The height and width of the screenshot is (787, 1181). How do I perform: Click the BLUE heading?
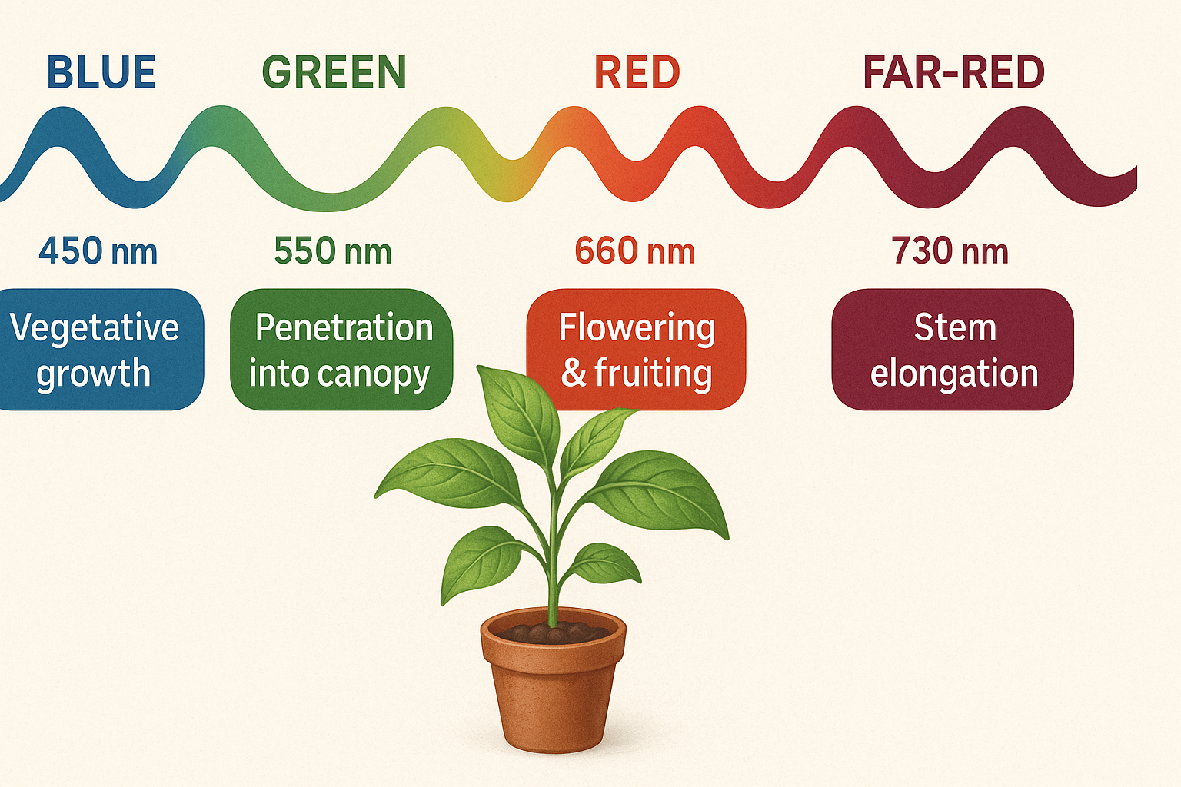tap(101, 73)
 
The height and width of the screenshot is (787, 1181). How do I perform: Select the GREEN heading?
tap(334, 73)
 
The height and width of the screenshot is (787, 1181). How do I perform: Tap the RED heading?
tap(637, 73)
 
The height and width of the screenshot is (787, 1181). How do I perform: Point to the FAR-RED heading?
tap(953, 73)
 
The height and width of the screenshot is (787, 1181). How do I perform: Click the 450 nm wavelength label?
tap(98, 251)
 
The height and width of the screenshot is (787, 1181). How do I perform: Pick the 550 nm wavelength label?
tap(333, 251)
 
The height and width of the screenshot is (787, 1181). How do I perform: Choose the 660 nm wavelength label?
tap(635, 251)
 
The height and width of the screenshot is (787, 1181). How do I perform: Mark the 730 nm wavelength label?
tap(950, 251)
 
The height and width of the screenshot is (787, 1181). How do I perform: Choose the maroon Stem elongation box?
tap(952, 350)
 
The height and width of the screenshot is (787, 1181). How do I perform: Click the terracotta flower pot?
tap(553, 692)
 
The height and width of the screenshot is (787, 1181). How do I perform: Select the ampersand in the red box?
tap(574, 373)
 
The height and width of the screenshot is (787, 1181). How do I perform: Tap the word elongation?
tap(954, 374)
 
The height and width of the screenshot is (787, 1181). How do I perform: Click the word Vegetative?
tap(95, 328)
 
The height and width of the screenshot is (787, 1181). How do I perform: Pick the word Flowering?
tap(637, 328)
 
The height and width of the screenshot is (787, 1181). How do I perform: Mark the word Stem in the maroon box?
tap(955, 328)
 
